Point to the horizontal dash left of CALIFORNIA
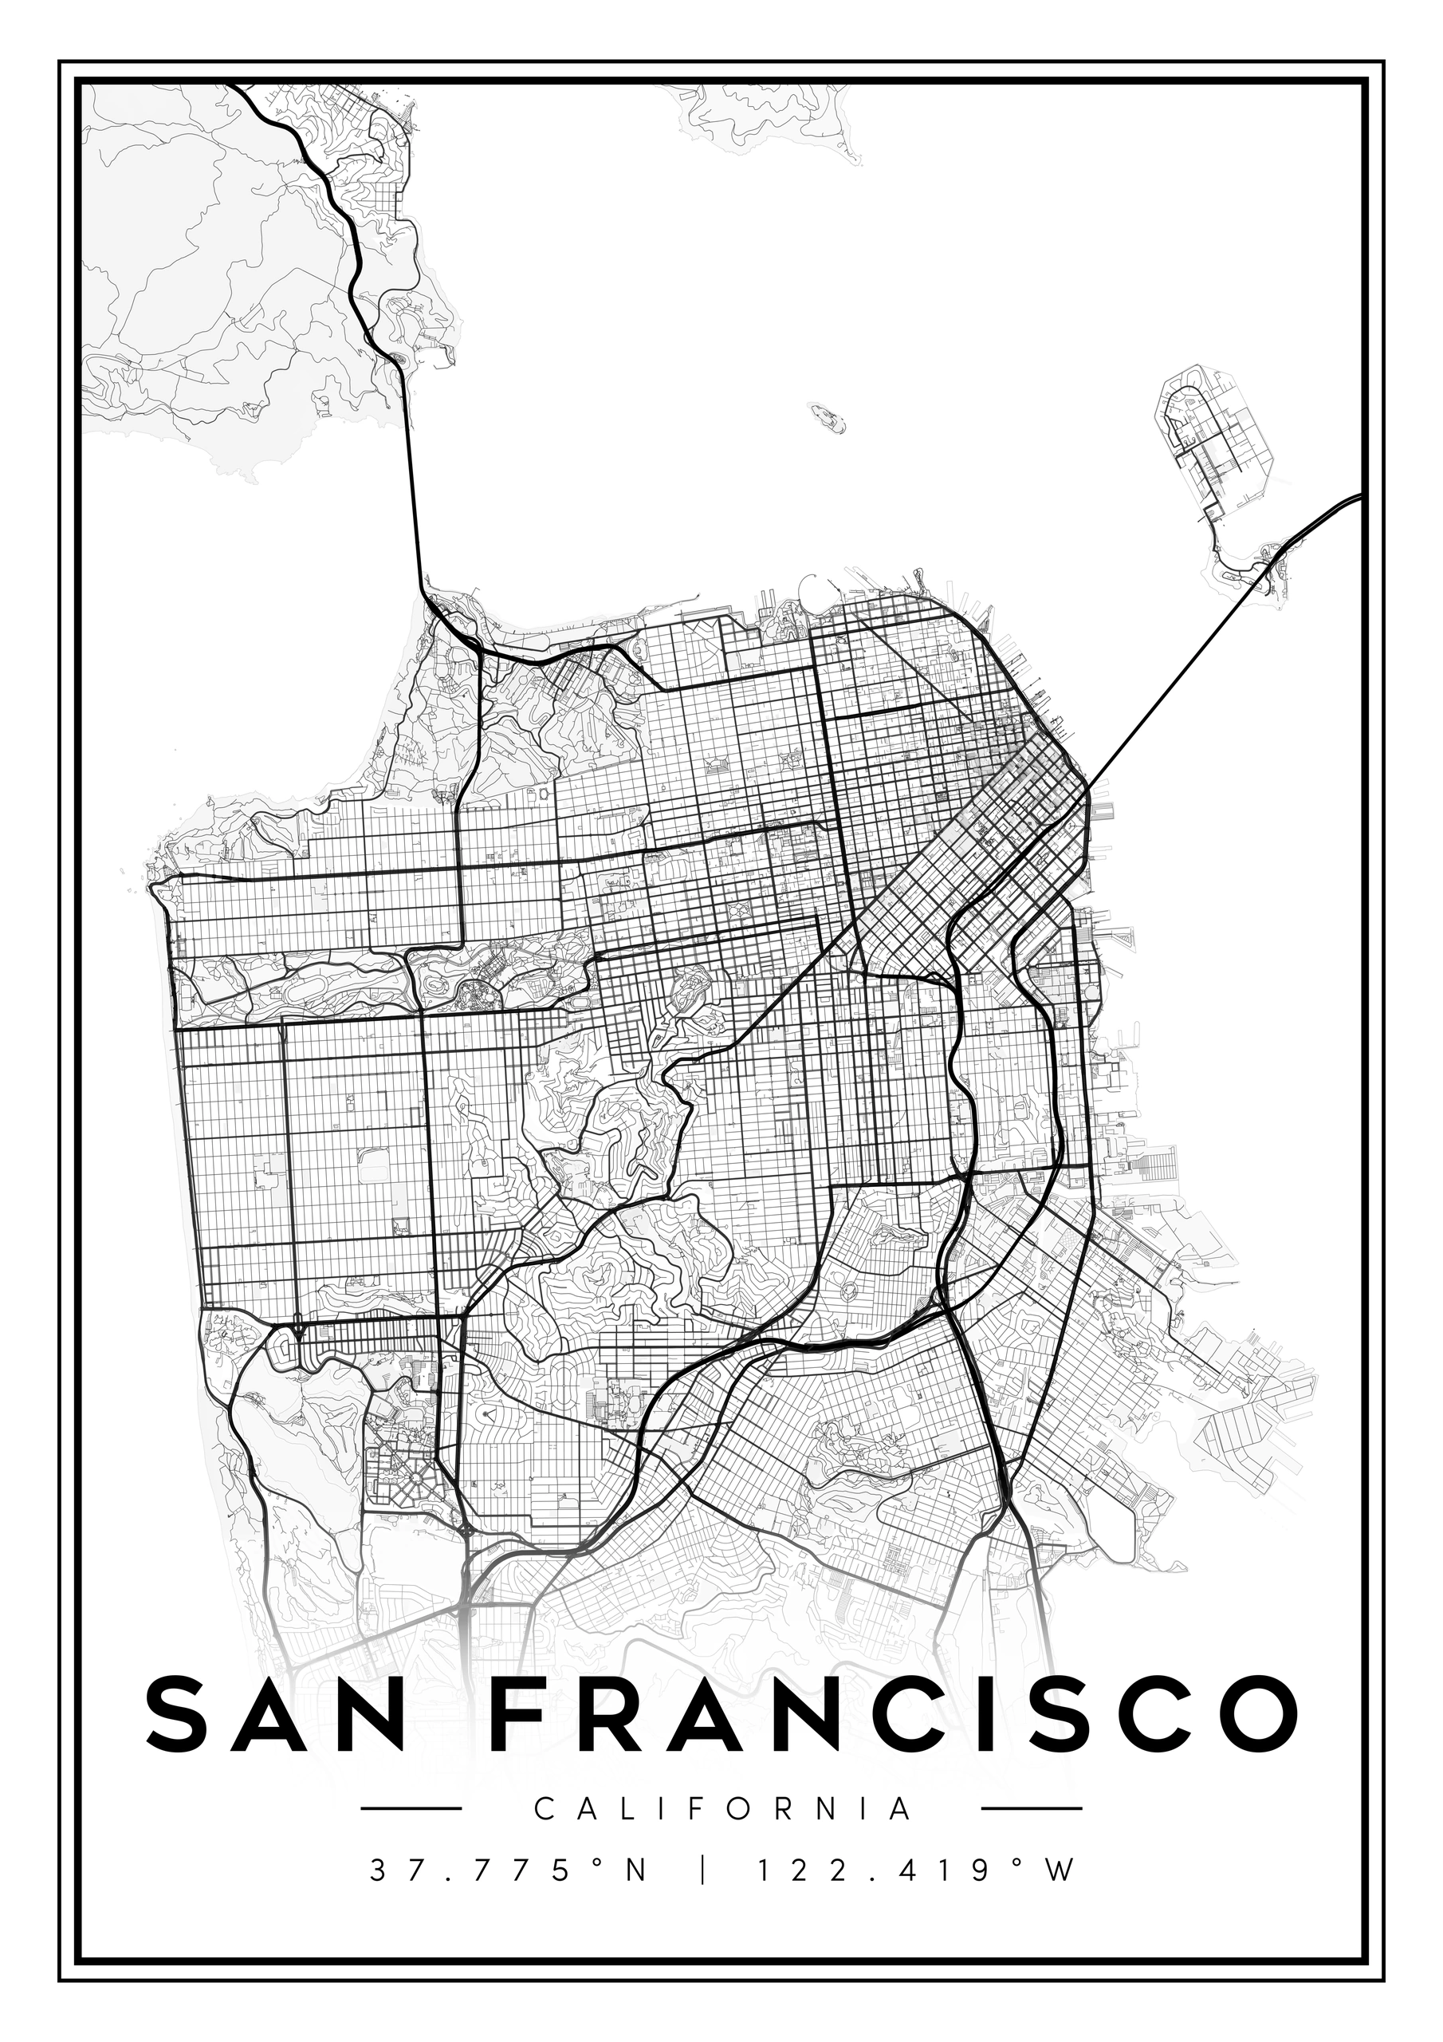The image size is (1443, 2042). click(411, 1808)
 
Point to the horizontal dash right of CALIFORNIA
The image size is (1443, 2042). click(1032, 1808)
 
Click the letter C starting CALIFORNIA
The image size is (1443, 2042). click(543, 1809)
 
